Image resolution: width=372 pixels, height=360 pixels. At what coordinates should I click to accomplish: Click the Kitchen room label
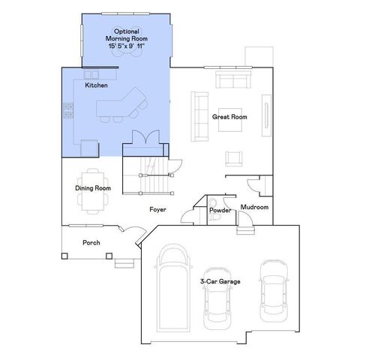pos(96,85)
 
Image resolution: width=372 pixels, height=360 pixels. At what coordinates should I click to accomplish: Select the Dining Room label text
pos(93,187)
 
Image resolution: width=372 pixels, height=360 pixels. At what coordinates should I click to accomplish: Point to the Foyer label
pos(157,209)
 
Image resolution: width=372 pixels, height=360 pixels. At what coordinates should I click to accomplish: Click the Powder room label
pos(220,210)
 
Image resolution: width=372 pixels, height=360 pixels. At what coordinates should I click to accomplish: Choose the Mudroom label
pos(254,207)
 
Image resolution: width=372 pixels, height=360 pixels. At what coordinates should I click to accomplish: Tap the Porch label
pos(92,242)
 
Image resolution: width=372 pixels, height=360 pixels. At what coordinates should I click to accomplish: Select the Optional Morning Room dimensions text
pos(125,46)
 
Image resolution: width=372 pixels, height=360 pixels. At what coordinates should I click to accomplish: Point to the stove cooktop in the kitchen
pos(68,110)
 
